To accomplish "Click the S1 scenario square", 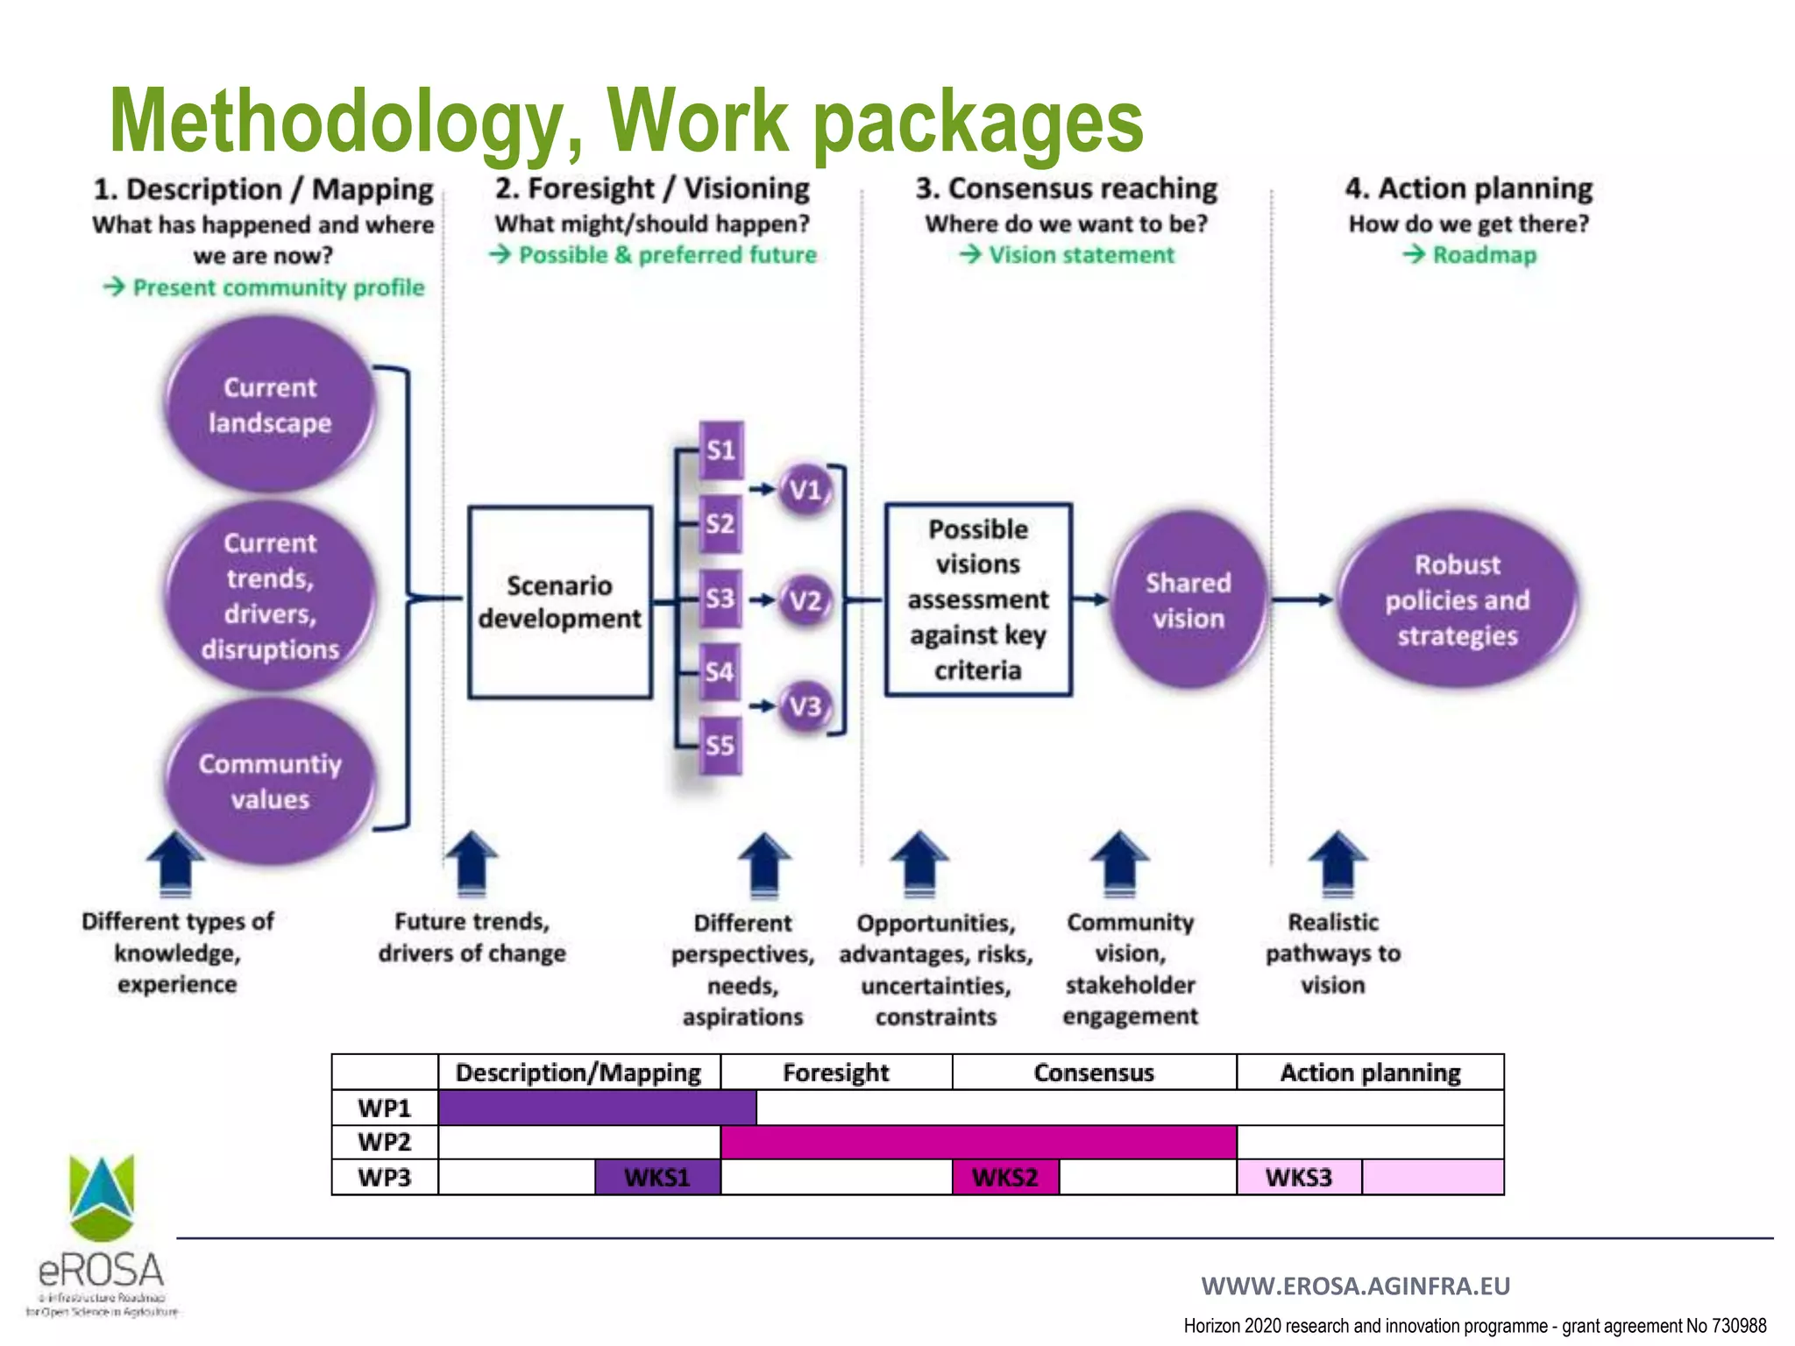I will coord(720,450).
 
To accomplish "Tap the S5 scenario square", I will coord(720,746).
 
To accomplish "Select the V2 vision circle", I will coord(805,600).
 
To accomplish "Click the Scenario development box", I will coord(560,602).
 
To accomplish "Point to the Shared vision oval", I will coord(1188,600).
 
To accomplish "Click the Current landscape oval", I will coord(270,405).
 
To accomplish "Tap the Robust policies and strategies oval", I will coord(1458,600).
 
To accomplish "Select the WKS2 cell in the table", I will coord(1005,1177).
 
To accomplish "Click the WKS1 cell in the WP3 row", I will coord(657,1177).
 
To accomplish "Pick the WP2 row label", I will coord(385,1142).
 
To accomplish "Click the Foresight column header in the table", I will coord(836,1073).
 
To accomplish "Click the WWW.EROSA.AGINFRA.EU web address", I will coord(1355,1286).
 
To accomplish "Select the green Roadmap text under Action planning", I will coord(1484,255).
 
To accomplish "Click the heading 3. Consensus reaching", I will coord(1067,188).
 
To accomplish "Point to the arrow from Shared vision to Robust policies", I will coord(1302,600).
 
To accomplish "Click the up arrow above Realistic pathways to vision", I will coord(1337,863).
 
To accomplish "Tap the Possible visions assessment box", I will coord(978,600).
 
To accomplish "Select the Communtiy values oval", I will coord(270,782).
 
